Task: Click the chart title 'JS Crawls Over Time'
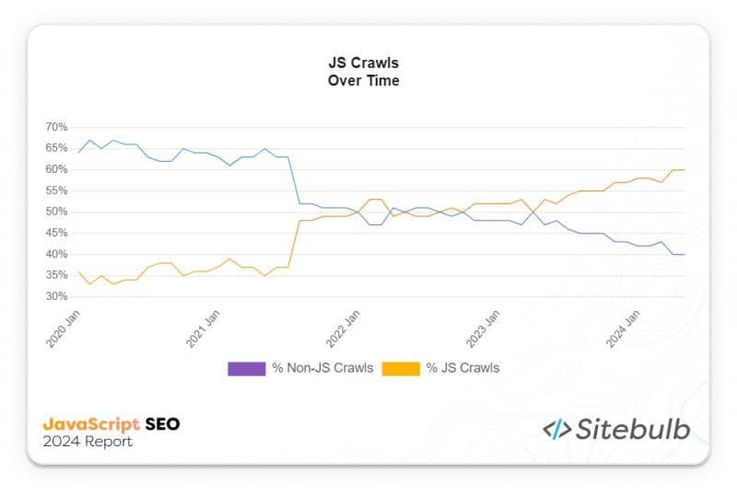coord(363,72)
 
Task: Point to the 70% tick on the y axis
coord(56,127)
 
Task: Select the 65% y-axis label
coord(56,148)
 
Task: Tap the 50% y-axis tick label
coord(56,212)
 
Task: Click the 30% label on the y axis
coord(56,297)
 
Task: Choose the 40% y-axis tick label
coord(56,255)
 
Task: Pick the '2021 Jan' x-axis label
coord(204,326)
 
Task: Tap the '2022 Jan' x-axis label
coord(342,326)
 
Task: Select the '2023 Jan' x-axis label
coord(482,326)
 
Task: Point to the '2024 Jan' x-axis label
coord(622,326)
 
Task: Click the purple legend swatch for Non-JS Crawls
coord(245,368)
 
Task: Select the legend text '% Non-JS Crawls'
coord(322,368)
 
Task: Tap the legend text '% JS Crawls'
coord(462,368)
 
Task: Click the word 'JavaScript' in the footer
coord(91,424)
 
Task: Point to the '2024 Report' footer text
coord(88,443)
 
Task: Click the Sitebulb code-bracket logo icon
coord(557,429)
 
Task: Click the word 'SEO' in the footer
coord(163,424)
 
